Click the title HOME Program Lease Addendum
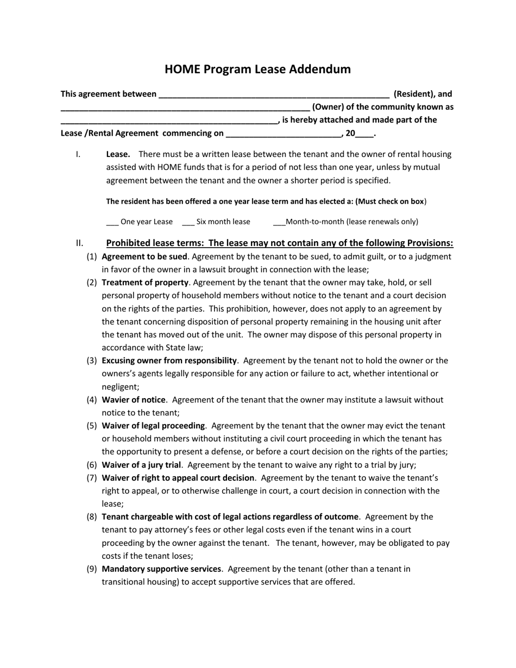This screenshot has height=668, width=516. coord(257,69)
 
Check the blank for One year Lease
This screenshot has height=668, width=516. coord(112,223)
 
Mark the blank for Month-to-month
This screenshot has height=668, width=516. coord(279,223)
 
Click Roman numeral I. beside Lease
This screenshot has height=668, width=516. coord(78,154)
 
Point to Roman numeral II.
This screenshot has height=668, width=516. coord(80,243)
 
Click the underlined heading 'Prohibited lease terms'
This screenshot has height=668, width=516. coord(279,243)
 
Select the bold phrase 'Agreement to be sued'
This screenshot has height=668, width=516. coord(144,256)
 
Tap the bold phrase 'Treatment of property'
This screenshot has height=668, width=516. coord(145,282)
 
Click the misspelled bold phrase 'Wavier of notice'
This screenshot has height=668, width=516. coord(134,400)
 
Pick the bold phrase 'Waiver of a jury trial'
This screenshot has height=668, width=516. coord(141,465)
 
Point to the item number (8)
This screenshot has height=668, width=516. coord(92,517)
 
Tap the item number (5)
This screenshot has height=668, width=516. coord(92,426)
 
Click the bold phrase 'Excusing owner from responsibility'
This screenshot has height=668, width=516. coord(169,361)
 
